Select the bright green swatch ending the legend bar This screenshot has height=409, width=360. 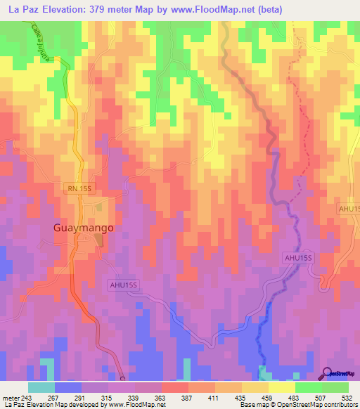point(335,387)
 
